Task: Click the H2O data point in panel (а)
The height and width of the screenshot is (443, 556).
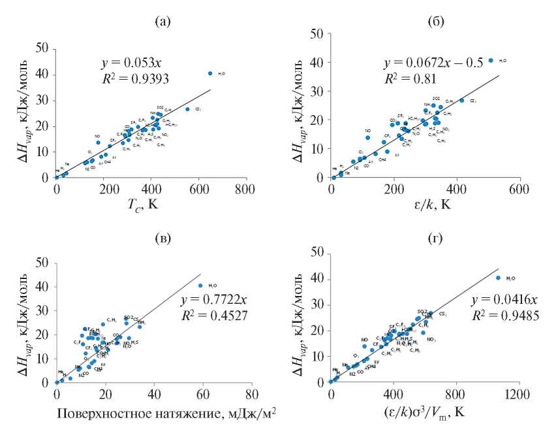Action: coord(210,73)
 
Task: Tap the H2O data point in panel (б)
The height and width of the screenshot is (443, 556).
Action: coord(491,60)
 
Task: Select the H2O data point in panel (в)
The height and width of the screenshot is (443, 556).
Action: coord(200,285)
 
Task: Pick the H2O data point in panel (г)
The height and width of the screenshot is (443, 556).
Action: coord(498,278)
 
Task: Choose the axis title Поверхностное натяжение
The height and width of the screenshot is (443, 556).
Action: coord(164,414)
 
